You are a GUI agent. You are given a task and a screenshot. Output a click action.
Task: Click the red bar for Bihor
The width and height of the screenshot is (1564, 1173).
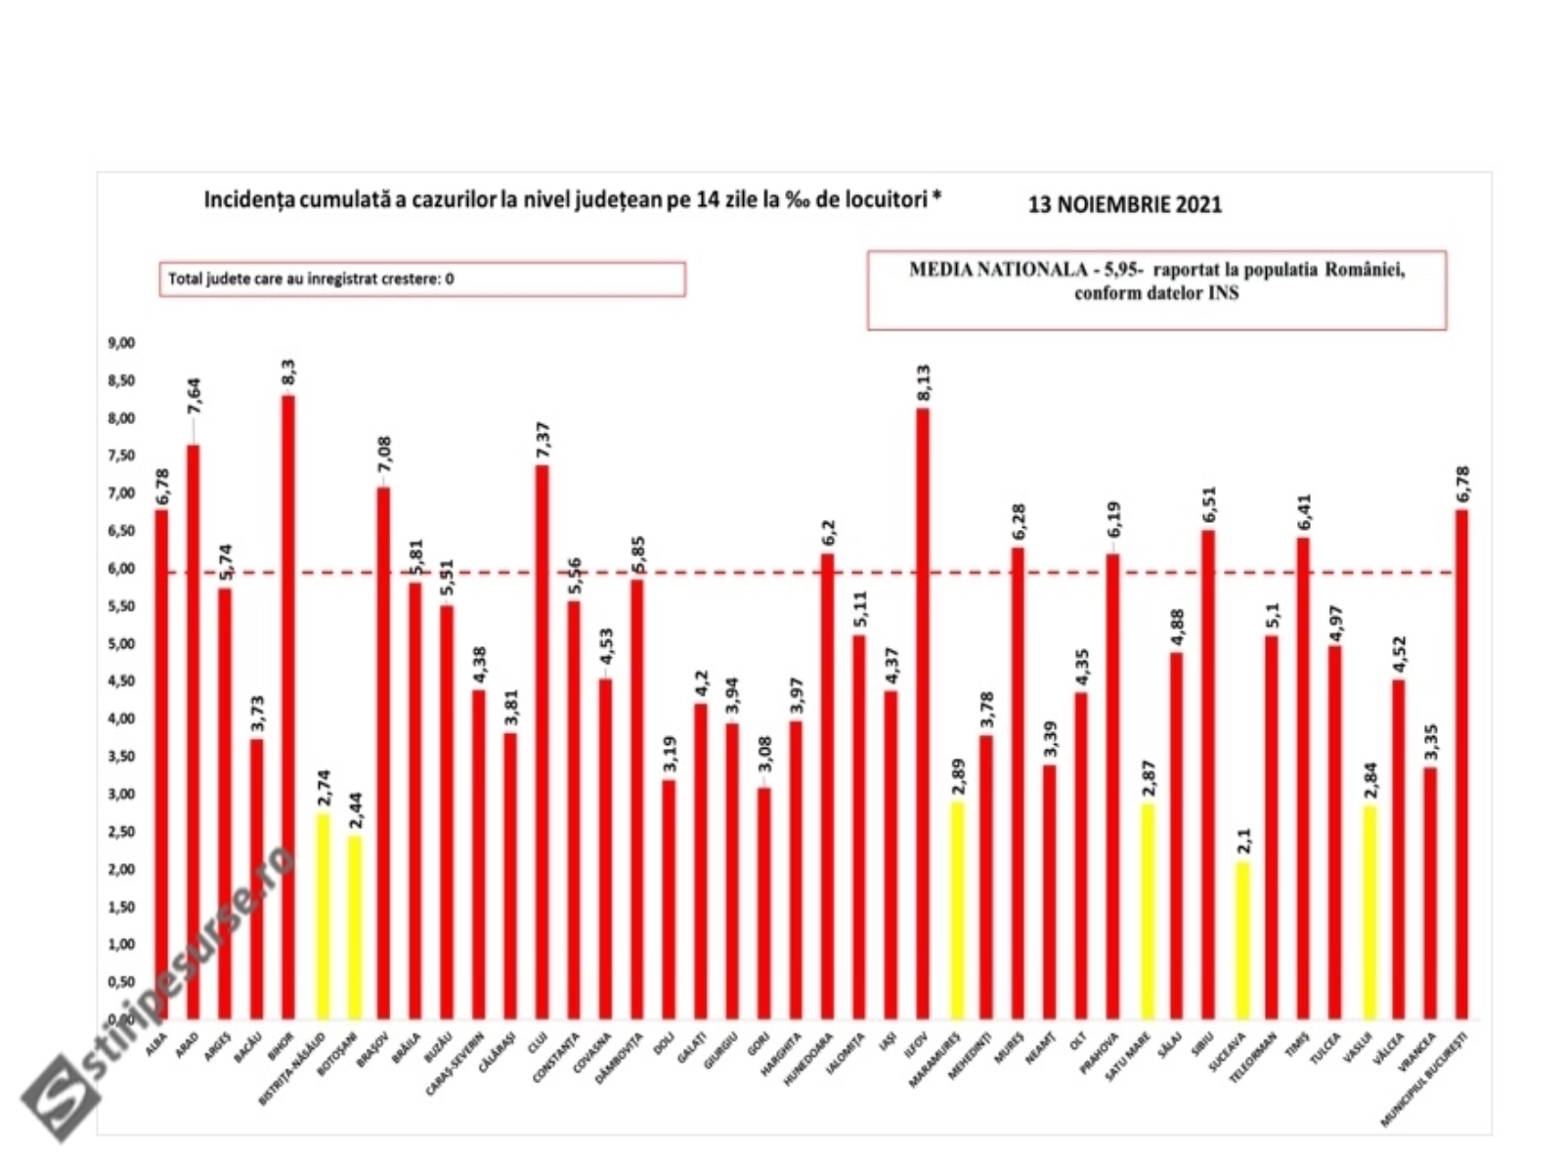point(288,704)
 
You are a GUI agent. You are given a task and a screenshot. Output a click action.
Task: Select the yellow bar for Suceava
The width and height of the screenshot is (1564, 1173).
point(1241,938)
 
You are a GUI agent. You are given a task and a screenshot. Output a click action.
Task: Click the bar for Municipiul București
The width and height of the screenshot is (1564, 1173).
point(1461,762)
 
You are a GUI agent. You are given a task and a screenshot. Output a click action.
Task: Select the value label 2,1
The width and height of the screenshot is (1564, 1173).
point(1242,839)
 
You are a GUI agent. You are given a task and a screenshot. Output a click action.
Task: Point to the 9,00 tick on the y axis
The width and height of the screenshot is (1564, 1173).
point(121,343)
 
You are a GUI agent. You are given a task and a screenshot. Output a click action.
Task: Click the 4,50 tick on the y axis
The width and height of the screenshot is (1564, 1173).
point(121,681)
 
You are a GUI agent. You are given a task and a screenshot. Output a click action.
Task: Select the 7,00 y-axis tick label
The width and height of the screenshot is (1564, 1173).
point(121,494)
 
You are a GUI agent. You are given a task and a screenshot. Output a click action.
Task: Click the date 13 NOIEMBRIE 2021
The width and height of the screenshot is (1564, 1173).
point(1124,204)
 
